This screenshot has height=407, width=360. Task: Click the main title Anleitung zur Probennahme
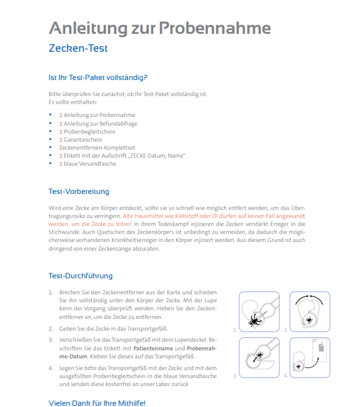point(160,28)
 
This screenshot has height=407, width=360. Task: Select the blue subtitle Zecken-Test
point(78,48)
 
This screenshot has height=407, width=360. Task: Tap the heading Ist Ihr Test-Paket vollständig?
point(98,78)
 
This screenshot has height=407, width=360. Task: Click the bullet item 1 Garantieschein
point(81,140)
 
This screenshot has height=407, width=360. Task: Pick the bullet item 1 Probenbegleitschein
point(87,132)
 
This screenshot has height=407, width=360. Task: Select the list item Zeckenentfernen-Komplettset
point(97,148)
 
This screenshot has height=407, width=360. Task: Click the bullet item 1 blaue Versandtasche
point(87,164)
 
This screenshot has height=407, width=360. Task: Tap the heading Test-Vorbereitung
point(79,191)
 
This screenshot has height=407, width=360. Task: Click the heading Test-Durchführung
point(81,276)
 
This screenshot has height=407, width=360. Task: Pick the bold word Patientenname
point(153,349)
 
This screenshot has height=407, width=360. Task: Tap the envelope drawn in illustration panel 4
point(319,350)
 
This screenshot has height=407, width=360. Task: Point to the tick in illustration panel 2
point(309,320)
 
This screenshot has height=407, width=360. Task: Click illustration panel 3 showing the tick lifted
point(259,358)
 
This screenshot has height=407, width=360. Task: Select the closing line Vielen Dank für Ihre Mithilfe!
point(97,403)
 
